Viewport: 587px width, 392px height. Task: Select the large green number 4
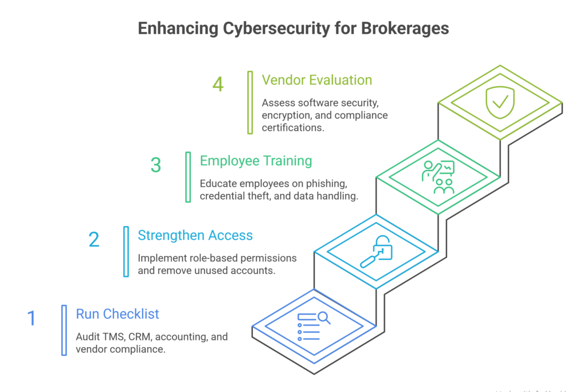[218, 85]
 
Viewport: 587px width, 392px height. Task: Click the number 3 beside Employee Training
[156, 165]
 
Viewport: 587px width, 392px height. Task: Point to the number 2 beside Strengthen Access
[94, 240]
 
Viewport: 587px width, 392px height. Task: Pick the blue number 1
[32, 318]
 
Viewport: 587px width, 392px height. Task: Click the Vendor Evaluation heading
[317, 80]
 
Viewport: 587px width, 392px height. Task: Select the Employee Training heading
[256, 161]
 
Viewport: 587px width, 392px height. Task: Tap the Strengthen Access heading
[195, 235]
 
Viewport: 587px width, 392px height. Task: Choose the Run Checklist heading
[118, 314]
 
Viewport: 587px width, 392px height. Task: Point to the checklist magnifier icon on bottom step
[314, 326]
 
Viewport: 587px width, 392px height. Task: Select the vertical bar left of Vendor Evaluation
[250, 103]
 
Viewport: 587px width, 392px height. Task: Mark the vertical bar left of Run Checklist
[64, 330]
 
